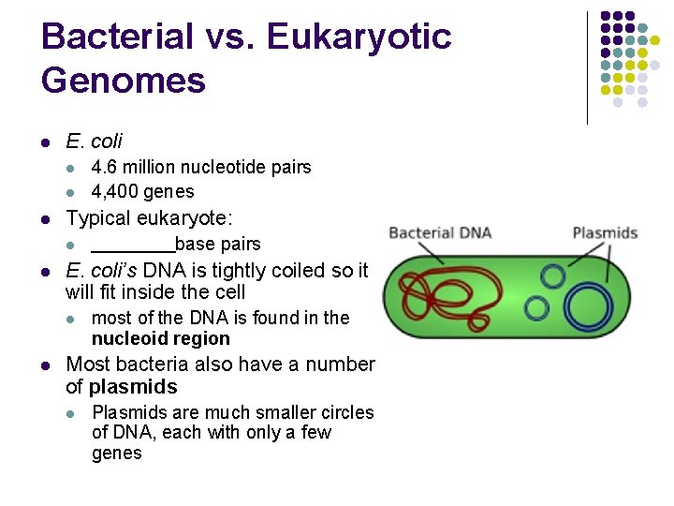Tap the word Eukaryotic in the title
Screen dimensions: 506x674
(359, 37)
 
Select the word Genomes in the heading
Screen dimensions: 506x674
(124, 81)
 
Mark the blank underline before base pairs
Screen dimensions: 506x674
(132, 246)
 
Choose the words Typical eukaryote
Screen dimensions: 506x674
(149, 218)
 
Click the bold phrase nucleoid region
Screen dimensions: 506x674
(160, 339)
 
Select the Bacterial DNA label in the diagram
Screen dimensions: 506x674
(439, 233)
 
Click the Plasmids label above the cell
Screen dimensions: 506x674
(604, 233)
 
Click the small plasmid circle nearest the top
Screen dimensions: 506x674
(553, 276)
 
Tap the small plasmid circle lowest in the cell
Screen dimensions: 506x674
(536, 308)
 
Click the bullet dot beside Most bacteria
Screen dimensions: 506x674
(46, 365)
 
